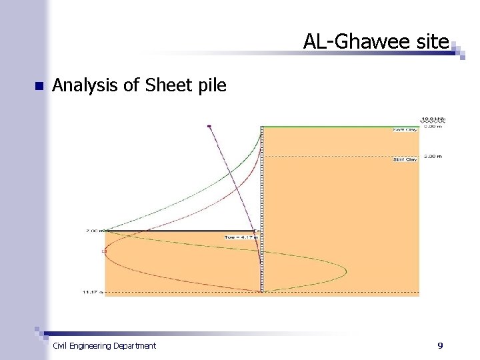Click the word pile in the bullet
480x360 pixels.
click(211, 85)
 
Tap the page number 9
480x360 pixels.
click(440, 345)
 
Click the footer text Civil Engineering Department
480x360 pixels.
click(104, 345)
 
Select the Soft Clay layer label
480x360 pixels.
click(405, 130)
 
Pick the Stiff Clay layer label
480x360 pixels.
click(405, 160)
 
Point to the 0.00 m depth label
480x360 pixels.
click(433, 125)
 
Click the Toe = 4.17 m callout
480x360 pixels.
click(241, 237)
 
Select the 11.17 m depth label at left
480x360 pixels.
click(93, 293)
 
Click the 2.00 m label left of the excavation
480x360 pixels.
click(93, 231)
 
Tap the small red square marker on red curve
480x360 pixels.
click(104, 251)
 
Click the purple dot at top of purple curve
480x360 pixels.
click(209, 125)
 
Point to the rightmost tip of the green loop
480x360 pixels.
click(347, 271)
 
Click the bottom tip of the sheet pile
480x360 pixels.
click(261, 291)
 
